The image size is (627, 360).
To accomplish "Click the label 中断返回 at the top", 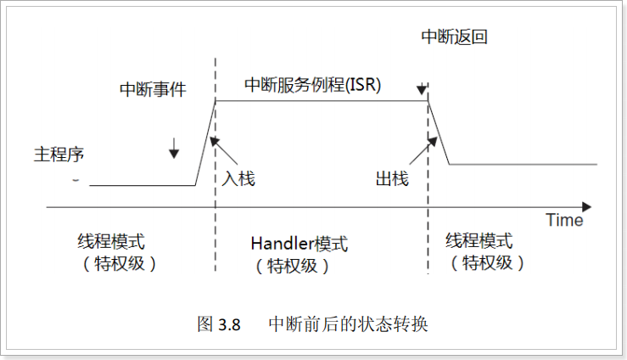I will click(x=455, y=37).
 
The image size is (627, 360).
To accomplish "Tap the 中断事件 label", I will click(x=154, y=88).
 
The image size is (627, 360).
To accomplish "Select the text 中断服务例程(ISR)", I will click(x=313, y=85).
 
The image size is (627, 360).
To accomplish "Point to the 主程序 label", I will click(x=59, y=155).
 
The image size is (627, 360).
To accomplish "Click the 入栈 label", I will click(x=238, y=179).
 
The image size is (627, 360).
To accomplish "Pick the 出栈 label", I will click(x=391, y=179).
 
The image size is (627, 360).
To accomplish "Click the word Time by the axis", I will click(x=564, y=221).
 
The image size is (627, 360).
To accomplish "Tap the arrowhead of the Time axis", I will click(x=586, y=206).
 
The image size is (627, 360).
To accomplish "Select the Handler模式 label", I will click(x=299, y=244).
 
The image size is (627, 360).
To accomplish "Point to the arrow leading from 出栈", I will click(x=415, y=153).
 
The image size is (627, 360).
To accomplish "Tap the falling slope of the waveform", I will click(x=439, y=132).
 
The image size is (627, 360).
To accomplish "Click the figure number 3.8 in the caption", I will click(x=230, y=324).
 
